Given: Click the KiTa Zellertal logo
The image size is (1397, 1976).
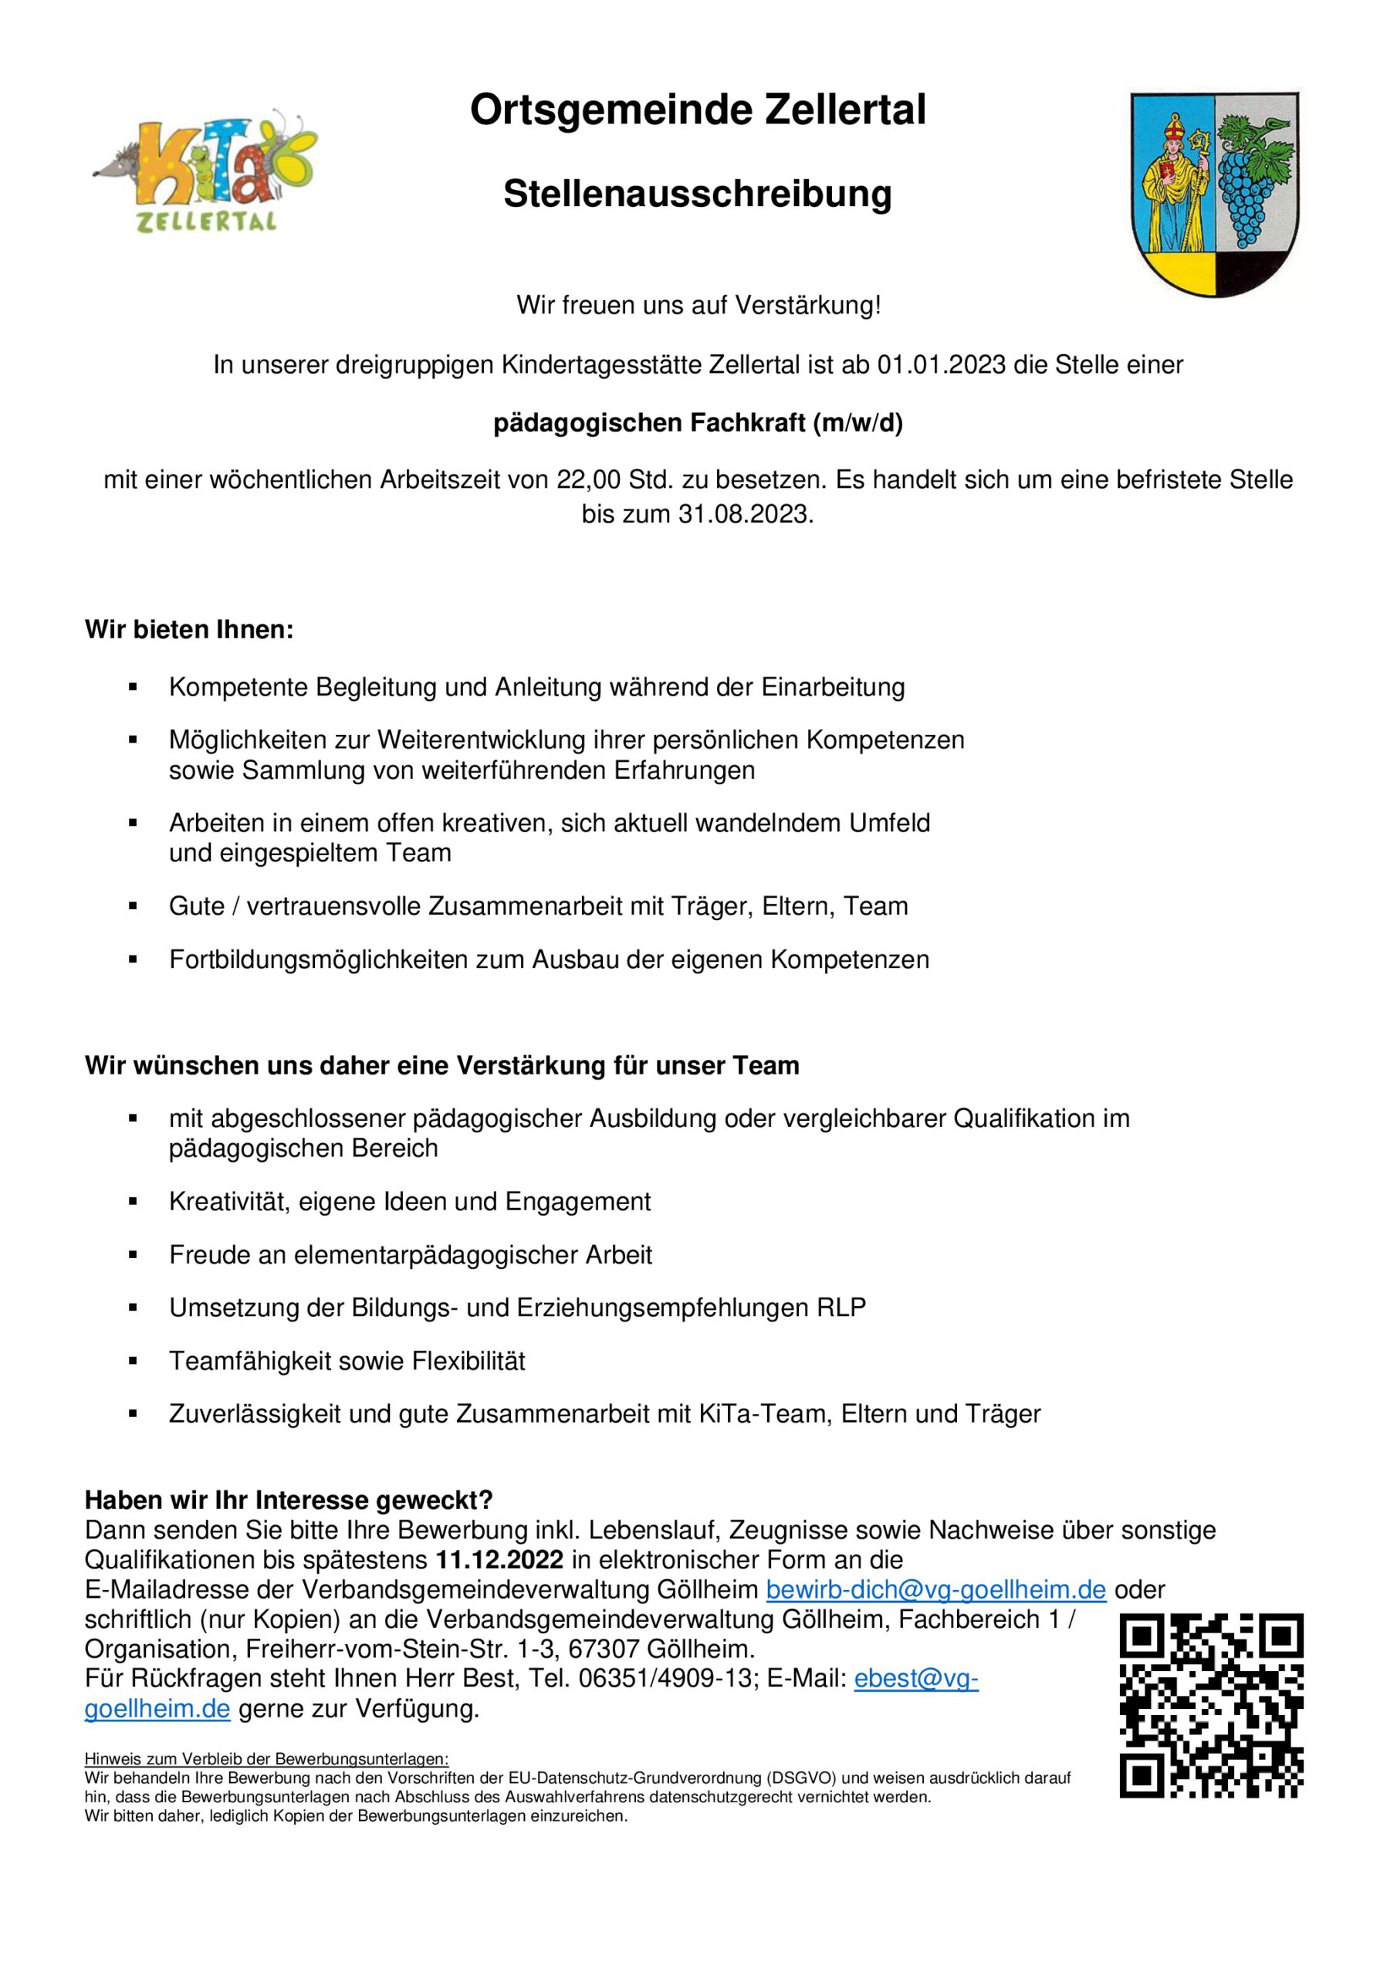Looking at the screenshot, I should point(205,171).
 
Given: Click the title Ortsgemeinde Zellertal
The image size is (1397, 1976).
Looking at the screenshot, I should point(697,111).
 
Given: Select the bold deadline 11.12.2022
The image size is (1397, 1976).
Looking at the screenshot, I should point(499,1559).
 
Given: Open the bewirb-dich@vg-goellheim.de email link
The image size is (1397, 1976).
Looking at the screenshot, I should point(935,1589).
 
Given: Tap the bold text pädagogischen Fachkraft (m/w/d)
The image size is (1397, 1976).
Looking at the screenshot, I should point(697,425).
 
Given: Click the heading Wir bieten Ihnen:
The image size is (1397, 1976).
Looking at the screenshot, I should point(189,630).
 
